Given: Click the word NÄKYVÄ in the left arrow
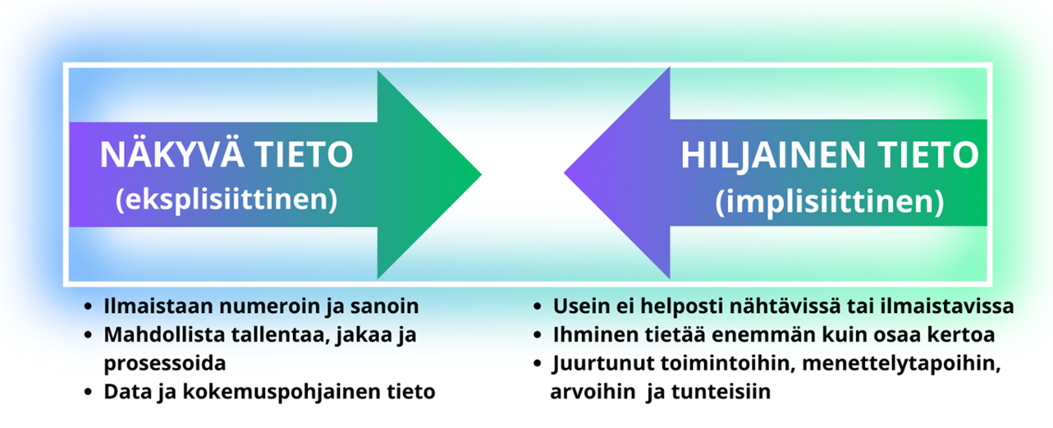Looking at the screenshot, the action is (172, 154).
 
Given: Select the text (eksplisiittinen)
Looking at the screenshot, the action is (227, 200).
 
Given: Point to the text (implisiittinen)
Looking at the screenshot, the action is (830, 202).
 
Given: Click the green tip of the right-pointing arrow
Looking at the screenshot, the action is (480, 174).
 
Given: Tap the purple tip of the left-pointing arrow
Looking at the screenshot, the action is (565, 173).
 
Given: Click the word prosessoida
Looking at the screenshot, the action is (165, 364).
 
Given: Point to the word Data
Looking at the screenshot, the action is (127, 392).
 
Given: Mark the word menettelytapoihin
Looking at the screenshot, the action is (901, 364).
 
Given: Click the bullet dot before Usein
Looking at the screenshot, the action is (538, 307).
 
